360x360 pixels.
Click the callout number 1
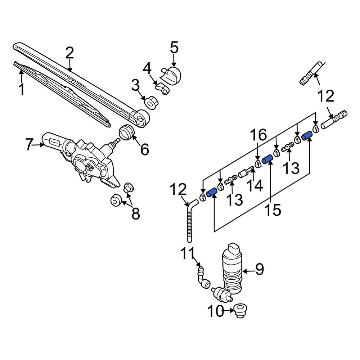click(22, 89)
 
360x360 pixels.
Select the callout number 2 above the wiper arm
click(69, 53)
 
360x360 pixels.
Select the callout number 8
click(135, 213)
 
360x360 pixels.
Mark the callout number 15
click(272, 210)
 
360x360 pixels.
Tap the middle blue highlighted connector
click(267, 159)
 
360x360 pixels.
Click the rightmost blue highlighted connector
click(307, 136)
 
